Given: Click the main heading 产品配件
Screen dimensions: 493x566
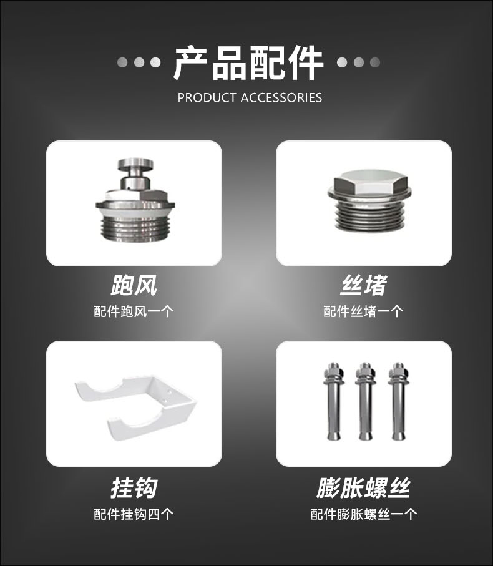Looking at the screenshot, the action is tap(248, 63).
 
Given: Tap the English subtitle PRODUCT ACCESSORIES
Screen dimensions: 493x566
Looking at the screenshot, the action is tap(250, 98).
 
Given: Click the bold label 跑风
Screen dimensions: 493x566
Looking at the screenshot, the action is tap(134, 285).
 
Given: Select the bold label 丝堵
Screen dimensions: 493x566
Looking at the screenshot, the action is tap(363, 285).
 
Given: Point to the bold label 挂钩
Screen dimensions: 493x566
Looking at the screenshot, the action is tap(134, 487).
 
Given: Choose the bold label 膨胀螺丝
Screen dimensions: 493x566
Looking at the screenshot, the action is tap(363, 487).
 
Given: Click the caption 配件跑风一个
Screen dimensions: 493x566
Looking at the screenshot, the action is tap(134, 311).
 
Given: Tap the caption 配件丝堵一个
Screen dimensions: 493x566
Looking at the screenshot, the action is tap(363, 311).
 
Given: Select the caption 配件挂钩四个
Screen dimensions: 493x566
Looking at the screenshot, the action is tap(134, 514).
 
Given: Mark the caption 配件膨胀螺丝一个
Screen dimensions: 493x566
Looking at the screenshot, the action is tap(363, 514).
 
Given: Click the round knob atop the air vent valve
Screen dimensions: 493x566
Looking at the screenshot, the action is tap(135, 164).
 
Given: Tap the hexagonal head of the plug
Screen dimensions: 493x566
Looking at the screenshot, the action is tap(370, 183).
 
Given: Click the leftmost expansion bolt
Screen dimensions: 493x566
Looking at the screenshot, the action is tap(334, 401).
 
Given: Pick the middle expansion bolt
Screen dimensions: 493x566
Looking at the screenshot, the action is tap(365, 401).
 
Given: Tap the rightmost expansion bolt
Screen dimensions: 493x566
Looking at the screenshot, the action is tap(398, 401).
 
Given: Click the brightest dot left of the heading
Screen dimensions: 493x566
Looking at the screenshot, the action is tap(155, 62).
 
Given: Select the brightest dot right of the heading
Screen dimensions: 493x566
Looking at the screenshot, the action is tap(342, 62).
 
